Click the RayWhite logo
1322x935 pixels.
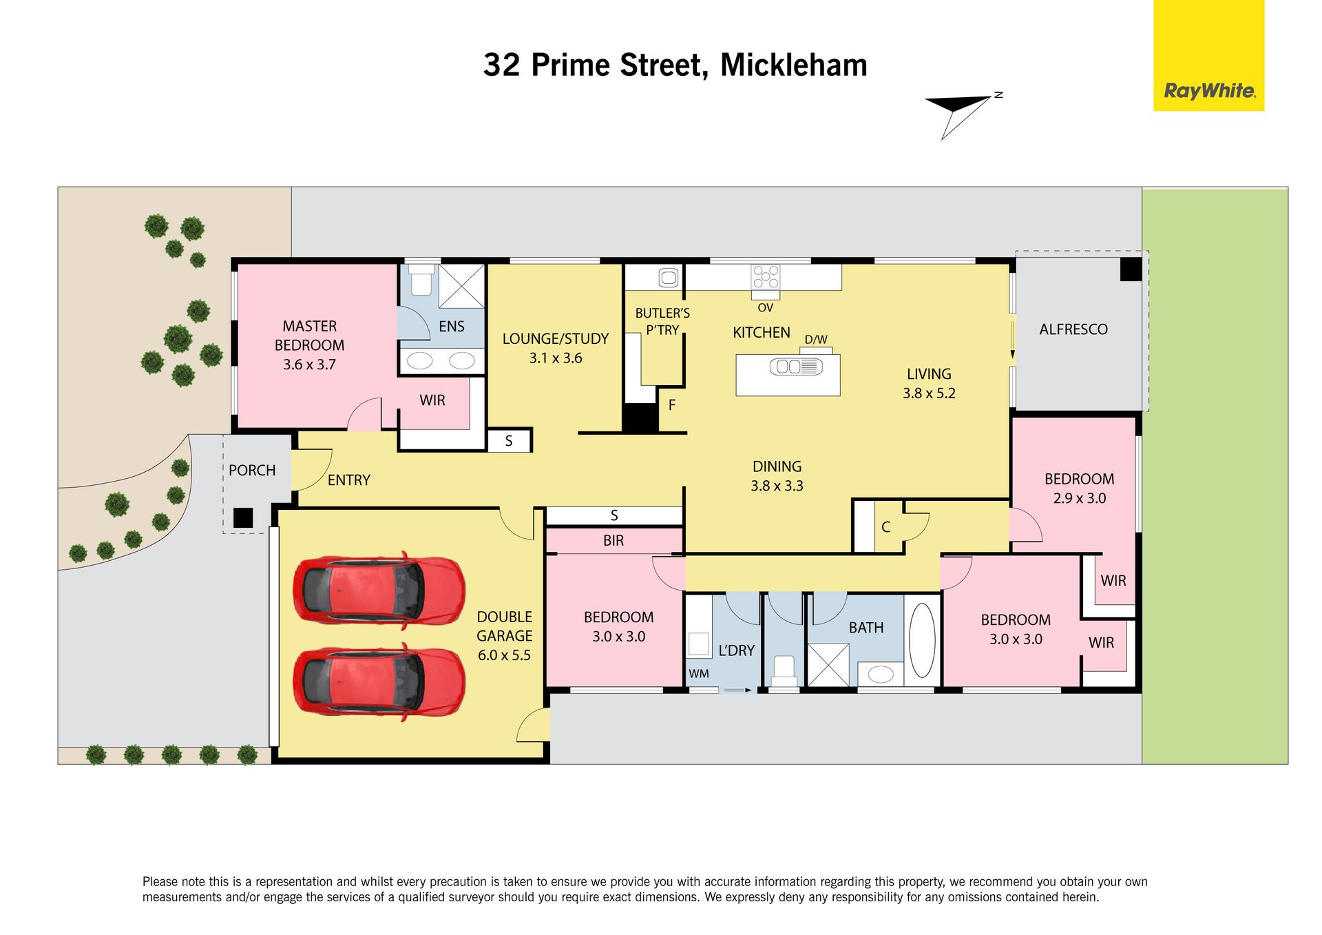[x=1208, y=55]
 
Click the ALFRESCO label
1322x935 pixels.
[x=1073, y=329]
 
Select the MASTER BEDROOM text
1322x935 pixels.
[x=310, y=336]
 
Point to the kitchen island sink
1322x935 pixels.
[x=796, y=367]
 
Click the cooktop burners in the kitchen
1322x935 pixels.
[x=766, y=278]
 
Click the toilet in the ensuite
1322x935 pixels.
[x=421, y=280]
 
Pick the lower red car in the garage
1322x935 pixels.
[x=379, y=682]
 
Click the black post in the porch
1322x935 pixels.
[x=243, y=517]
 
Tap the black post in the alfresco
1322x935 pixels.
[x=1131, y=269]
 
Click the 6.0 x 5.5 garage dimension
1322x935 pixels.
[x=504, y=655]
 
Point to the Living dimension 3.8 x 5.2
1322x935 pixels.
[x=929, y=393]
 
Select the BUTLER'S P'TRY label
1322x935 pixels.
[x=662, y=322]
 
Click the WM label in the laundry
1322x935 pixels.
[x=699, y=674]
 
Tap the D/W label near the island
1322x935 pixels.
[x=816, y=340]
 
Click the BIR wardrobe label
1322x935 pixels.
[x=613, y=541]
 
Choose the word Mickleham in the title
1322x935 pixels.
[x=794, y=65]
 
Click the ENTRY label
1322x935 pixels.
[x=349, y=480]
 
